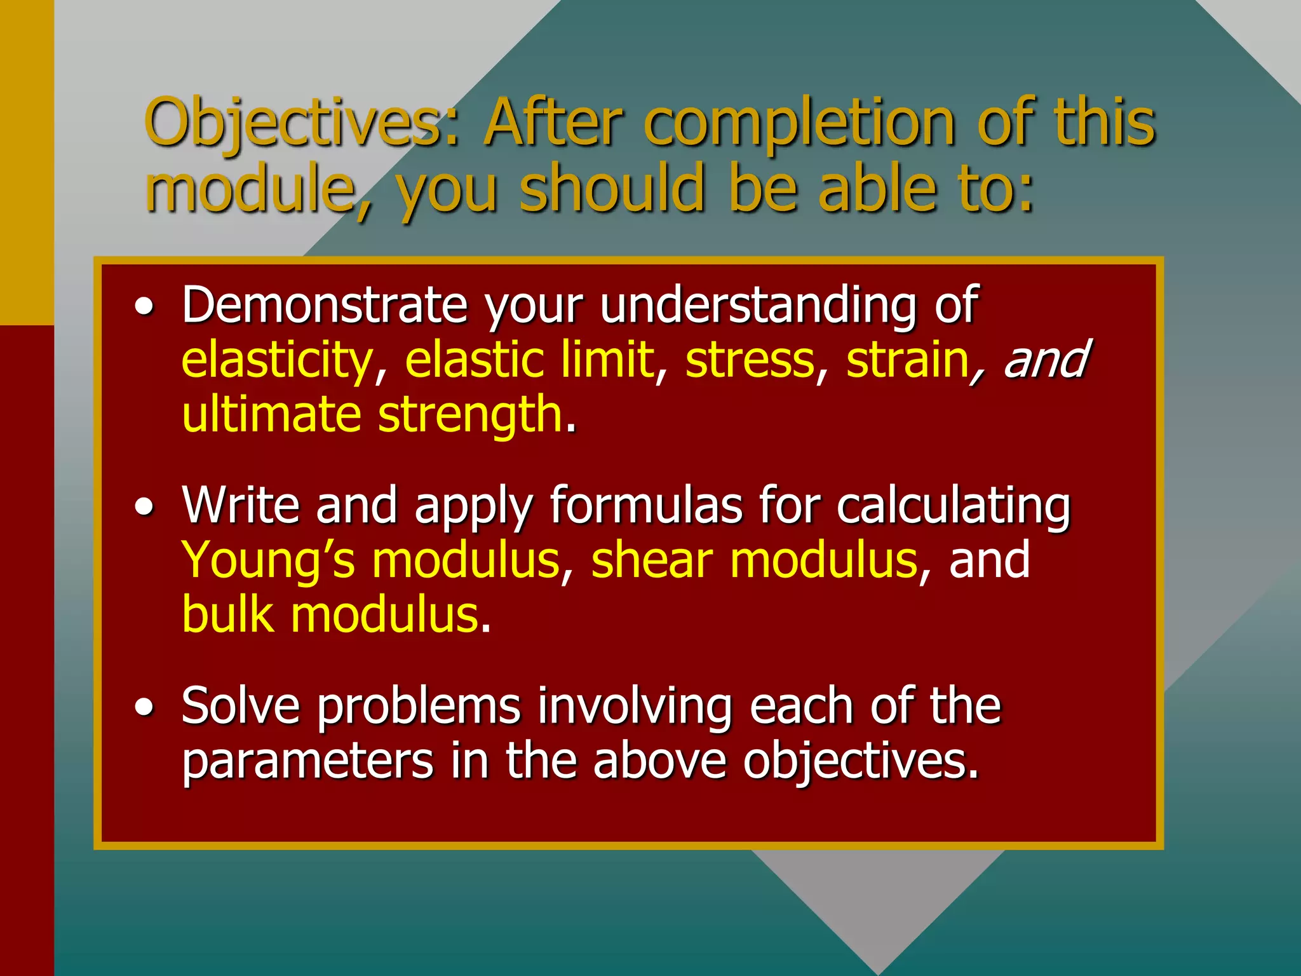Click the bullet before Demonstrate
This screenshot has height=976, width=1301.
click(145, 308)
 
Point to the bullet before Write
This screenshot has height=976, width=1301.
click(145, 507)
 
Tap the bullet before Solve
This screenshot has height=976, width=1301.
click(145, 707)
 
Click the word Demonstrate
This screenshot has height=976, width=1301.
click(325, 305)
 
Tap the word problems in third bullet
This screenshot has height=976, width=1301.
click(419, 707)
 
